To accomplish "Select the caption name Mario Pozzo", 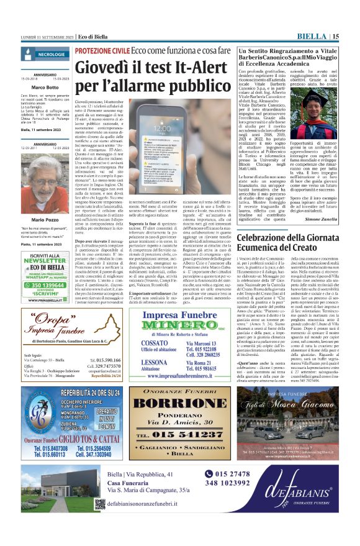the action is (x=45, y=220).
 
